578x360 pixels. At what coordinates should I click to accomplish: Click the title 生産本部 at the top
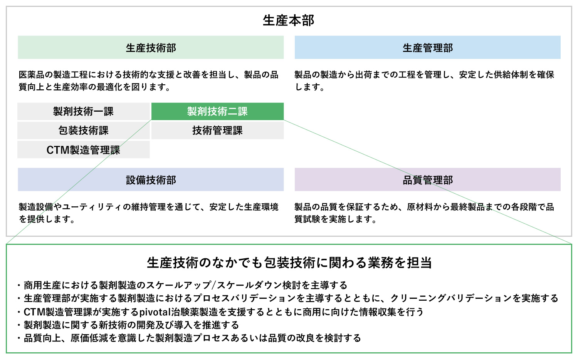289,21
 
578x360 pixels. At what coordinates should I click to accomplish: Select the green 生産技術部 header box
151,47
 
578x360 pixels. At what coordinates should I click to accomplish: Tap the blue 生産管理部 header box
428,47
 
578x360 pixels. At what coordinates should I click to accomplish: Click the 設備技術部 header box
151,179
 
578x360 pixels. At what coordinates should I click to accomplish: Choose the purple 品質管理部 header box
428,179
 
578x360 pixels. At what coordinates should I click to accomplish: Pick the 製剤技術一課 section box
83,111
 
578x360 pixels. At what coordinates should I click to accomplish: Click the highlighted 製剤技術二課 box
218,111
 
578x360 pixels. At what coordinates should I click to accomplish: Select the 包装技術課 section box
83,131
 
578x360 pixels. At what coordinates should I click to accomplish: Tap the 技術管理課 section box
218,131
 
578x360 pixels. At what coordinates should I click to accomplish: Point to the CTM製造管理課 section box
83,149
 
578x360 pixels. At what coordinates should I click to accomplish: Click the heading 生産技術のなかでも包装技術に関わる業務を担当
289,263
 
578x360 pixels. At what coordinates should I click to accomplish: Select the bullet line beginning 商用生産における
182,285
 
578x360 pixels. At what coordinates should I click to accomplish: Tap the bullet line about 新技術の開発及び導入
128,325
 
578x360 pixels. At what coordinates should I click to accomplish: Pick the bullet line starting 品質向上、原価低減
189,338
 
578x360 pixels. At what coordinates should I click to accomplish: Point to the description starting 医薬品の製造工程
148,81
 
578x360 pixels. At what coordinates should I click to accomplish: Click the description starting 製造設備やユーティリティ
148,213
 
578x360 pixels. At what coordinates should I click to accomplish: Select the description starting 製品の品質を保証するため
424,213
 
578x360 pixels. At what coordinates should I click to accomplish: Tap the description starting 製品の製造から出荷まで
424,81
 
